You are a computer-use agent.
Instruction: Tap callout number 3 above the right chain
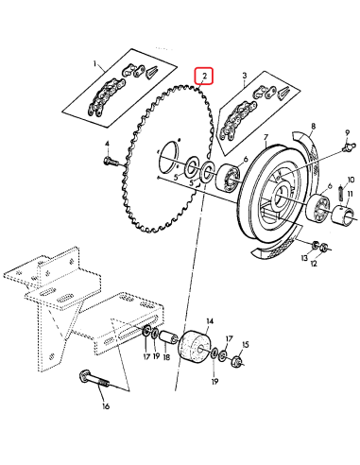[244, 75]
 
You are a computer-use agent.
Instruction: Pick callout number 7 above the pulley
[266, 138]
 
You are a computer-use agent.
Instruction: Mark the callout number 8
[313, 125]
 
